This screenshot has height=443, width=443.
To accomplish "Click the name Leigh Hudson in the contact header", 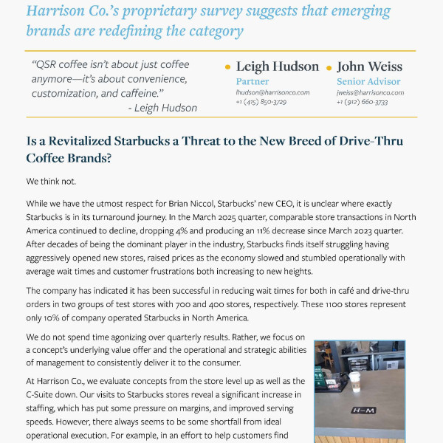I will click(x=277, y=66).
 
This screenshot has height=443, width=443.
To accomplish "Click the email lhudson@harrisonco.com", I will click(x=272, y=92).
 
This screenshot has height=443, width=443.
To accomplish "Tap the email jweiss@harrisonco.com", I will click(x=370, y=92).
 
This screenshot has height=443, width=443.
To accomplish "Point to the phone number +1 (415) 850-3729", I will click(x=261, y=101).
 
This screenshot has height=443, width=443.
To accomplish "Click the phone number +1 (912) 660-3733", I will click(x=362, y=101).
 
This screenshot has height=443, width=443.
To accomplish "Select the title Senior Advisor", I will click(x=368, y=81).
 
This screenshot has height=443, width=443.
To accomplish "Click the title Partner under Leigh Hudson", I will click(x=252, y=81).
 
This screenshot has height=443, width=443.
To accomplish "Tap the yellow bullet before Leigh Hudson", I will click(x=227, y=67).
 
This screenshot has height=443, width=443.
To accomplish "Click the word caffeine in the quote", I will click(x=137, y=94).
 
